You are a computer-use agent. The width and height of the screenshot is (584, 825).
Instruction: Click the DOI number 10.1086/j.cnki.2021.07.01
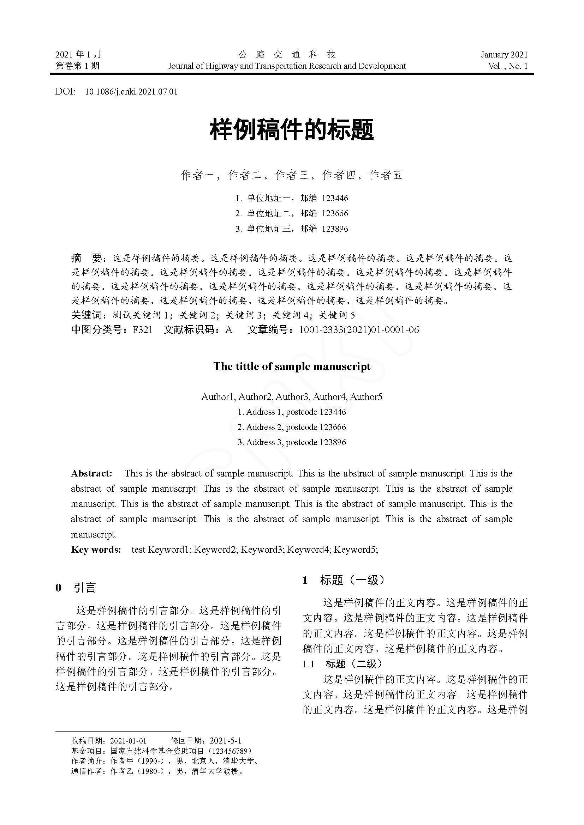tap(131, 92)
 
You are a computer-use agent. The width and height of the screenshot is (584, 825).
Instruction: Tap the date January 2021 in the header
tap(504, 55)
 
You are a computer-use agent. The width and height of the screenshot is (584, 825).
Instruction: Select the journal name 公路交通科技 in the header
tap(287, 55)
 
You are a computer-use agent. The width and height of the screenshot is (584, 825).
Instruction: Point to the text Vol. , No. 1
tap(508, 66)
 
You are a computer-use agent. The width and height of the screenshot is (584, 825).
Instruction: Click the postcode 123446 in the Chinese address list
tap(335, 198)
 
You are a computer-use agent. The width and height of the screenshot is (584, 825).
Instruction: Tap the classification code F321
tap(142, 330)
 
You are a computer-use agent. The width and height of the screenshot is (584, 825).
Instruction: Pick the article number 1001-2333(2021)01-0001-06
tap(359, 330)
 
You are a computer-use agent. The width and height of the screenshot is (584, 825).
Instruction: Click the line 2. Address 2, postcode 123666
tap(292, 427)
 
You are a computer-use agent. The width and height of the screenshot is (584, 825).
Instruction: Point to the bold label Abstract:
tap(92, 473)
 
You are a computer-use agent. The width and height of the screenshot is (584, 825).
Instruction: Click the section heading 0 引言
tap(76, 588)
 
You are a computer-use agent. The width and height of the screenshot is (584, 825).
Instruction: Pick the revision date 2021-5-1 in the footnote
tap(226, 740)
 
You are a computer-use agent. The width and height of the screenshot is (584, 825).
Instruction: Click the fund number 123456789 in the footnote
tap(230, 751)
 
